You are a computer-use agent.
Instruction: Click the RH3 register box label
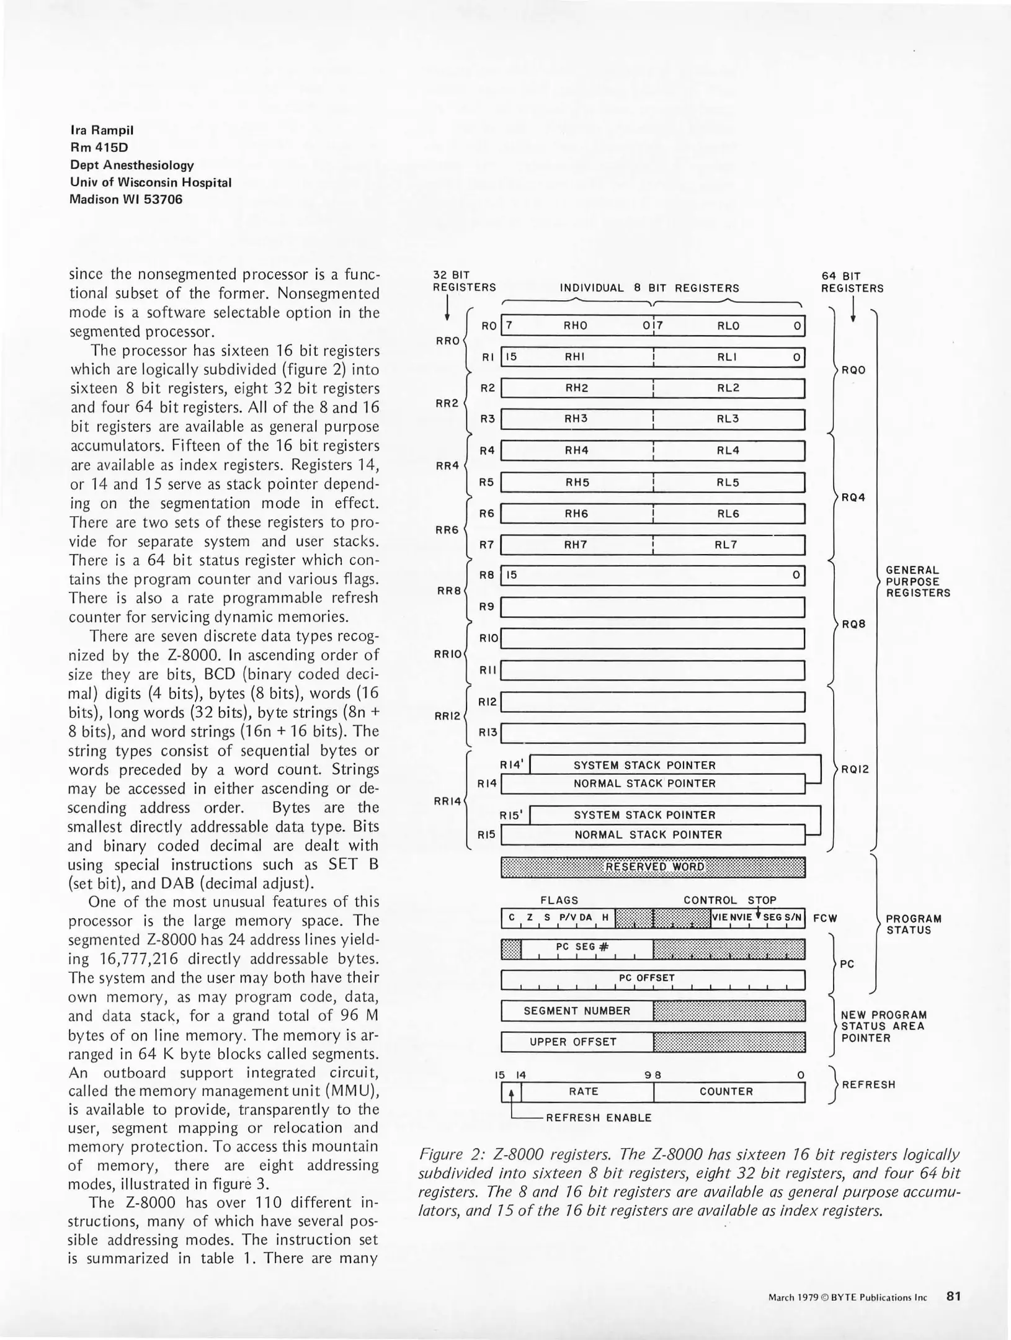576,419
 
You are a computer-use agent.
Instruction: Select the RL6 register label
727,514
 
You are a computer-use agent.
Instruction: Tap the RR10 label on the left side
447,654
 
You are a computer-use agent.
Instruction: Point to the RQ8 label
853,624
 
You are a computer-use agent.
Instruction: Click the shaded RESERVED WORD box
652,867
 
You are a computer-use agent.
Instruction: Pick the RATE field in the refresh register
583,1092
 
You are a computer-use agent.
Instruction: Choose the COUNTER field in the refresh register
726,1092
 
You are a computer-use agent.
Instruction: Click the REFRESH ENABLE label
598,1118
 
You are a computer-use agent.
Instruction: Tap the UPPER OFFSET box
573,1042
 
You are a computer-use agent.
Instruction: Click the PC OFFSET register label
646,978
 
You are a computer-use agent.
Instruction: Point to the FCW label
824,918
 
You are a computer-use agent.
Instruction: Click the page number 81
953,1296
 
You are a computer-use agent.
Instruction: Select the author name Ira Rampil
102,130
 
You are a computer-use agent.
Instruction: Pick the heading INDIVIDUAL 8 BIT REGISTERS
649,288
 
